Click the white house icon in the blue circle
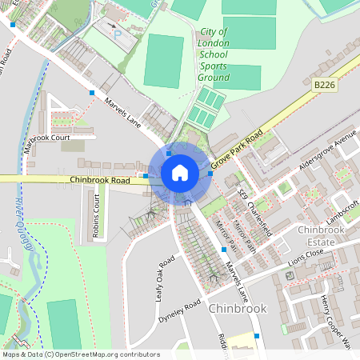point(180,173)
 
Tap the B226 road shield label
point(323,84)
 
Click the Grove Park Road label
point(243,146)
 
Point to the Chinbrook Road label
point(100,182)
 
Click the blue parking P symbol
point(118,35)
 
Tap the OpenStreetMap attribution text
point(81,354)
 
